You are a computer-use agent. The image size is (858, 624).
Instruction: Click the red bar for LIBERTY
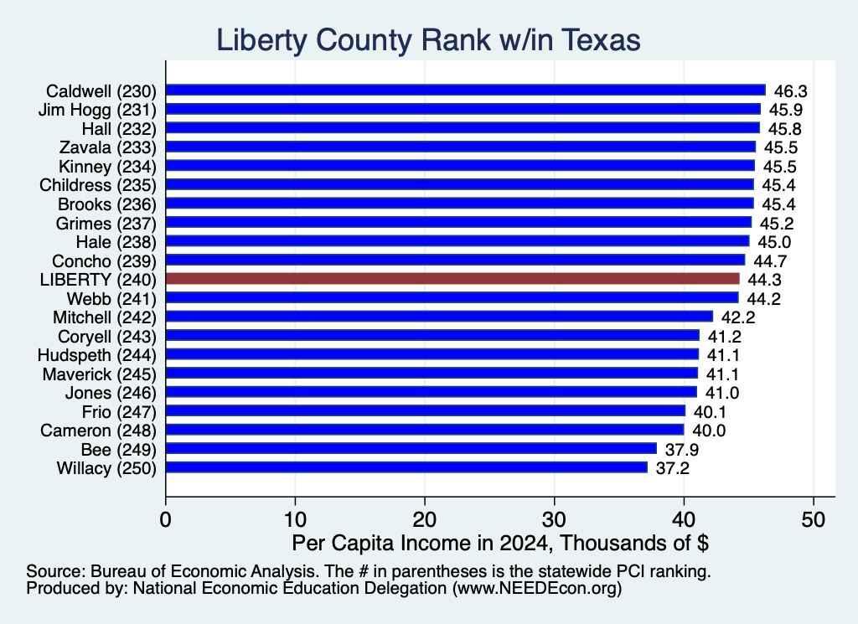point(452,279)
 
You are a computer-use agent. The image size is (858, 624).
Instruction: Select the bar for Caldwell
point(466,90)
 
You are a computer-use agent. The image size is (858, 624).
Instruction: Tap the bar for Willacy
point(406,467)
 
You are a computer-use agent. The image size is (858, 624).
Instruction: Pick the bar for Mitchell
point(439,317)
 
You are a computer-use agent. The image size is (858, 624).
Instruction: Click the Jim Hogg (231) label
point(97,110)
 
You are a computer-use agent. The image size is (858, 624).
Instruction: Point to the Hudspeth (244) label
point(97,355)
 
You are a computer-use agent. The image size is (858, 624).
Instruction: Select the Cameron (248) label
point(99,431)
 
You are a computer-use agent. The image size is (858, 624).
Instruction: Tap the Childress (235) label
point(98,185)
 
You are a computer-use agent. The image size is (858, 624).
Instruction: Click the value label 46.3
point(791,91)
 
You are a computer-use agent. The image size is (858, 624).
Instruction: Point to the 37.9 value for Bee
point(682,450)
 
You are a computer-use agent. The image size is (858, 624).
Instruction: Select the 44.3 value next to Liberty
point(764,280)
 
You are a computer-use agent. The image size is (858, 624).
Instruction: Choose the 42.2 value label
point(738,317)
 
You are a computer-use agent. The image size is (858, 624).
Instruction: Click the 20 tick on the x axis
point(425,519)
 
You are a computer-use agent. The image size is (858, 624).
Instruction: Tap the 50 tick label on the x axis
point(813,519)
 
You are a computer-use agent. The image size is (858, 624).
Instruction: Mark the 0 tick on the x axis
point(166,519)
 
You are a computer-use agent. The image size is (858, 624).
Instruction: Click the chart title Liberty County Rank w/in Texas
point(428,40)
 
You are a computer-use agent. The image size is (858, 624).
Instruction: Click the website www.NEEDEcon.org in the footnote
point(537,589)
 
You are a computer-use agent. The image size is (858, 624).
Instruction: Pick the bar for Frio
point(426,410)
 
